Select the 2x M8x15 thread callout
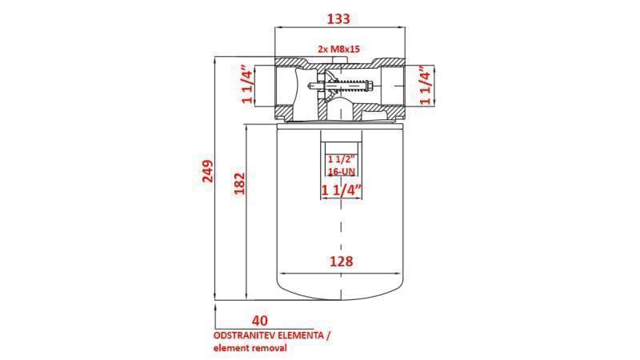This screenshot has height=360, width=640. coord(339,50)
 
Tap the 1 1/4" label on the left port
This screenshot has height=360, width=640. coord(247,86)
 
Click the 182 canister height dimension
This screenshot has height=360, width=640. coord(238,183)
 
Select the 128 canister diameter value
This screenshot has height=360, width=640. coord(340,261)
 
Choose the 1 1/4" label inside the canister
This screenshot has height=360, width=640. coord(342,190)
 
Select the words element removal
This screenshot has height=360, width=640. coord(250,348)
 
